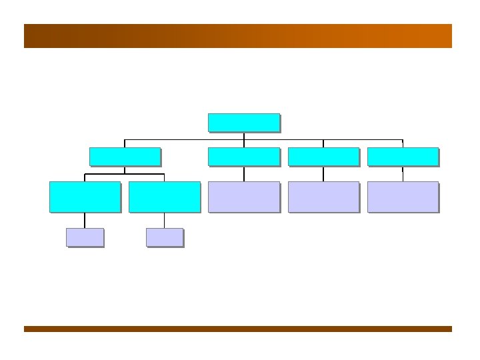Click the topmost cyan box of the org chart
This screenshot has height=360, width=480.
tap(243, 123)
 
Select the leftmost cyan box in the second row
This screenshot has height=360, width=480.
tap(125, 157)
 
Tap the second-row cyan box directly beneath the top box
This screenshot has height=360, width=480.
tap(243, 157)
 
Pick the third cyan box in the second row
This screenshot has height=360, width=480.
tap(323, 157)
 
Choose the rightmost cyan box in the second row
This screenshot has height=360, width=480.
tap(403, 157)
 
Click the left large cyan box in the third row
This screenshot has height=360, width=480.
tap(85, 197)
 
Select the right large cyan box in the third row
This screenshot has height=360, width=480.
tap(164, 197)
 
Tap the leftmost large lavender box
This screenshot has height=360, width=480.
tap(243, 197)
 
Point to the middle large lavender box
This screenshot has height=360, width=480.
tap(323, 197)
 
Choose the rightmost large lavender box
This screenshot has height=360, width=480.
tap(403, 197)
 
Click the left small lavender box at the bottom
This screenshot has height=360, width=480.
tap(85, 237)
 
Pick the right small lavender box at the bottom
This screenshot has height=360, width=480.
tap(164, 237)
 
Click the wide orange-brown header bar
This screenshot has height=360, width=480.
tap(238, 36)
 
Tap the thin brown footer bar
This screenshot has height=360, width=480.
tap(238, 329)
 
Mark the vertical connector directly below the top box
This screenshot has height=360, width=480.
tap(244, 136)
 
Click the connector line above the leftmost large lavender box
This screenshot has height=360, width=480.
tap(244, 173)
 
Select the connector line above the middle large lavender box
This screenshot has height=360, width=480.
tap(323, 173)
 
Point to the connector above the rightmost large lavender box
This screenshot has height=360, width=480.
tap(403, 173)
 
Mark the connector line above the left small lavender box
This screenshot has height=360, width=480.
tap(85, 220)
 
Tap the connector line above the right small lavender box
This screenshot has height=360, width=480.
tap(164, 220)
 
